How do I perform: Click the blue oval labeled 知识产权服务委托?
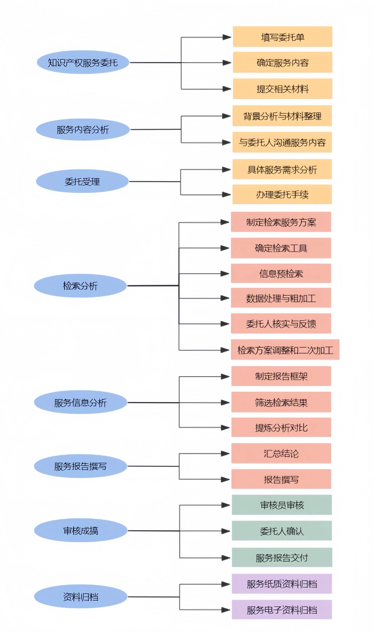(x=83, y=62)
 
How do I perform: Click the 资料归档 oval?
(x=81, y=596)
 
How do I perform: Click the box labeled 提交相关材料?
(x=282, y=89)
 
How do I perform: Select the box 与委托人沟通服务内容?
(x=282, y=142)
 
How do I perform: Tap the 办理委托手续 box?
(x=282, y=194)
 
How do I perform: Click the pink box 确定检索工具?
(x=281, y=248)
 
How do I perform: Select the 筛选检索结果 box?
(x=281, y=402)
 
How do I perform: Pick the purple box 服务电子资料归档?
(x=282, y=610)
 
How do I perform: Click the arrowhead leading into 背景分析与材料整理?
(x=227, y=116)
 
